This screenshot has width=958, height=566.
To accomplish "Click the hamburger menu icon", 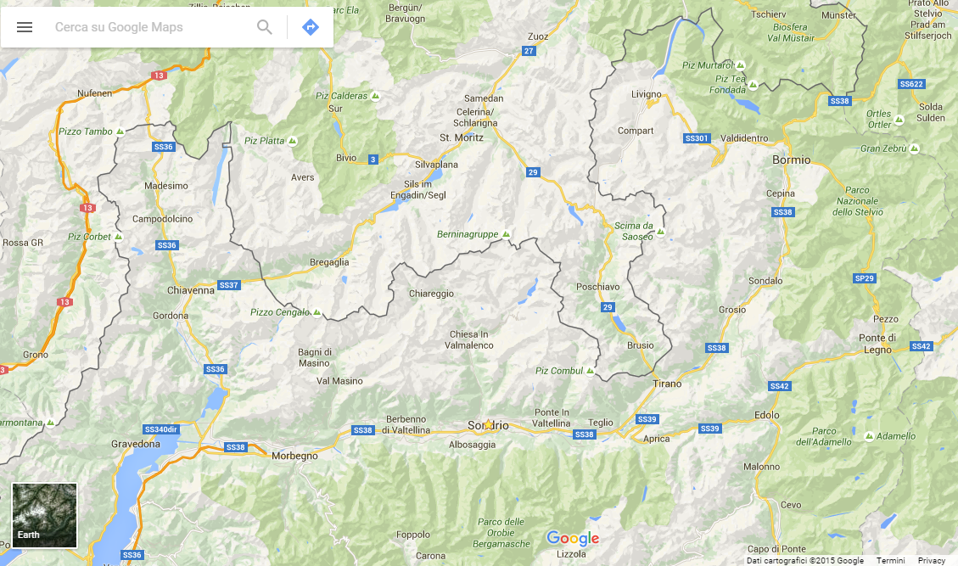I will (25, 27).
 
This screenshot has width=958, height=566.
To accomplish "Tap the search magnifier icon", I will (265, 27).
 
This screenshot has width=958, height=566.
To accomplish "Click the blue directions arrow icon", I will (311, 27).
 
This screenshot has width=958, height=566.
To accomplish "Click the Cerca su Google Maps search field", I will (144, 27).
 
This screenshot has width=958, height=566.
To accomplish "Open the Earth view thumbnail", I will (44, 515).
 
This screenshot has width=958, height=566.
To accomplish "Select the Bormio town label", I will (791, 160).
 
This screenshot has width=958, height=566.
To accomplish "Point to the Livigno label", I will (647, 94).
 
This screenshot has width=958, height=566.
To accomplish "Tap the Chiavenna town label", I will (191, 290).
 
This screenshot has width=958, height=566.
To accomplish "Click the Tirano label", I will (667, 384).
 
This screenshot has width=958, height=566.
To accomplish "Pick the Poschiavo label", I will (598, 287).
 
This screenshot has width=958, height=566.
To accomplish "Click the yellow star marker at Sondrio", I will (488, 424).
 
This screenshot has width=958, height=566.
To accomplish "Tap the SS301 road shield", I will (696, 138).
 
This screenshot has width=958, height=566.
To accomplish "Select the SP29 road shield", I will (864, 278).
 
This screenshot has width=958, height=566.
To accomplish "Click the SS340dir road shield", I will (161, 429).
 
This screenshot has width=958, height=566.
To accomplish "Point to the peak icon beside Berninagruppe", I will (507, 233).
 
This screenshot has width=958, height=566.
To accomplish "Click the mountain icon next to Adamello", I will (869, 436).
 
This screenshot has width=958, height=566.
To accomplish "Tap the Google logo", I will (573, 538).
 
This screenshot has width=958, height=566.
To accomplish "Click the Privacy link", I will (931, 560).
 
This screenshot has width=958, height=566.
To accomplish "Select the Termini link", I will (890, 560).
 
